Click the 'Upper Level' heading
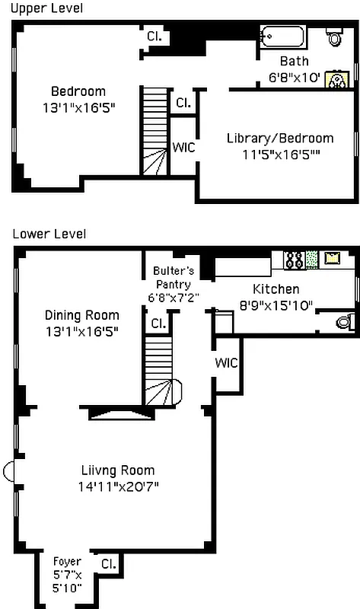(46, 8)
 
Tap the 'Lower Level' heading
(49, 234)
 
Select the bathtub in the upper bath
(283, 37)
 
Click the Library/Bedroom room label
(279, 138)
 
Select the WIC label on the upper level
(183, 148)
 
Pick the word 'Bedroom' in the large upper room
(78, 92)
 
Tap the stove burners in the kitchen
(294, 260)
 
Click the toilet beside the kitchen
(345, 322)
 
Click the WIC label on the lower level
(227, 362)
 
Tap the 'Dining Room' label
(81, 315)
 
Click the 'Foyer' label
(66, 561)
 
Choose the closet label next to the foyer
(109, 563)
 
